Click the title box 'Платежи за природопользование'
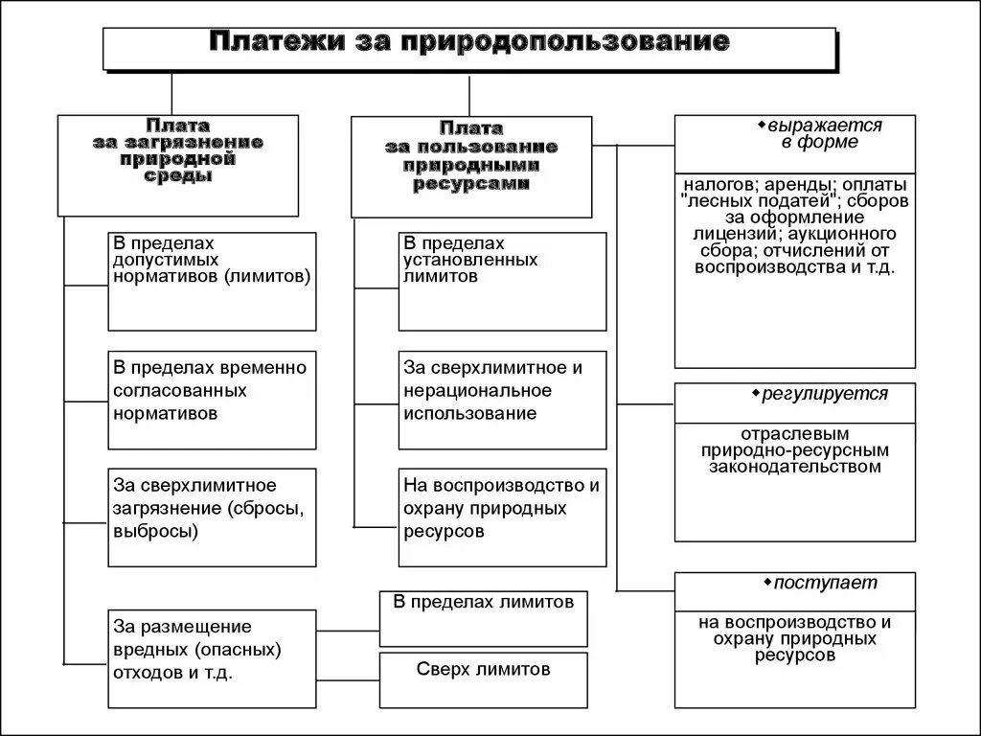click(x=468, y=46)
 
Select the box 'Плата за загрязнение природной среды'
click(x=178, y=164)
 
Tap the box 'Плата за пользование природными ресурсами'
click(x=470, y=166)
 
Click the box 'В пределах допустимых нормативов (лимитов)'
click(x=212, y=281)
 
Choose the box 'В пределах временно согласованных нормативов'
click(x=212, y=400)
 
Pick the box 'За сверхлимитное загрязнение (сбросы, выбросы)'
click(x=212, y=517)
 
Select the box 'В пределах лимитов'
click(x=483, y=618)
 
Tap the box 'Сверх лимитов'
click(x=483, y=679)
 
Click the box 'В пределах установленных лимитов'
click(x=502, y=281)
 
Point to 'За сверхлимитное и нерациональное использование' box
click(x=502, y=400)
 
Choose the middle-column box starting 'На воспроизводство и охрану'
click(x=502, y=517)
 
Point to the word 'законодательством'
click(x=794, y=467)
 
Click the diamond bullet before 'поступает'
click(x=767, y=581)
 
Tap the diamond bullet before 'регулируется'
click(x=756, y=392)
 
